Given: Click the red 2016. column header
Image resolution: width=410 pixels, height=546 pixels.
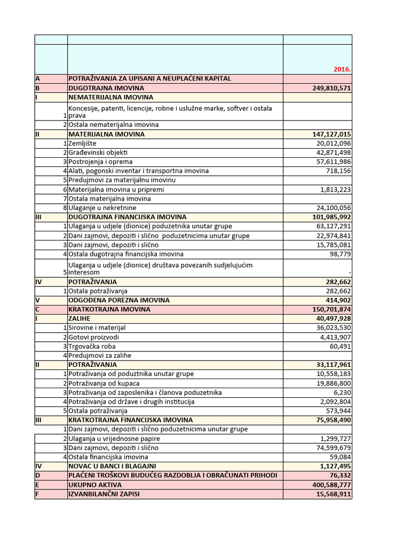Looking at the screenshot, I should (342, 69).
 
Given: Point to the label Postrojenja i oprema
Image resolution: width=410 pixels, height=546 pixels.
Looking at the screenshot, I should (100, 162).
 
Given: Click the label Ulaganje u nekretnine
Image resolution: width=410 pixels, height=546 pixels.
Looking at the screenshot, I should (102, 208).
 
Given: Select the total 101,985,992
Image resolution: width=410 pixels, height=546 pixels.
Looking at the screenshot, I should (324, 217).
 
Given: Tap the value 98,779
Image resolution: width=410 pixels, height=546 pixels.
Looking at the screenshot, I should (340, 254).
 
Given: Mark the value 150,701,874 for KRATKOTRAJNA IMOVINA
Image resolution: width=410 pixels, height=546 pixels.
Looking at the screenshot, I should (324, 309).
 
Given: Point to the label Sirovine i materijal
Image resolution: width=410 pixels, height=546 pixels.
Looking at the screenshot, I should (97, 327).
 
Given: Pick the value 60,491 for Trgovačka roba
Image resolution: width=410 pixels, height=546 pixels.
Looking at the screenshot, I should (340, 346).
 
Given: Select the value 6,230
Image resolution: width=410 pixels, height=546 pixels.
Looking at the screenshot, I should (342, 392).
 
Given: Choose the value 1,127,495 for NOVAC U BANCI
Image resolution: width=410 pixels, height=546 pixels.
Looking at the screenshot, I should (330, 466).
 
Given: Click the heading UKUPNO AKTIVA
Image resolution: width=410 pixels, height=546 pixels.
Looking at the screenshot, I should (95, 485).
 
